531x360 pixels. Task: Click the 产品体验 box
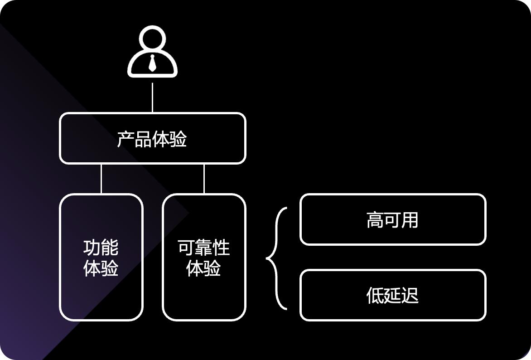point(152,138)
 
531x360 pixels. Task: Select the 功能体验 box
point(101,257)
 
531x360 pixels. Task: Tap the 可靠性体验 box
point(204,257)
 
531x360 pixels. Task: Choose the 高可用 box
point(393,219)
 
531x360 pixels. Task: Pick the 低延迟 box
point(393,295)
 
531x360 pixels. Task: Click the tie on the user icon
point(152,63)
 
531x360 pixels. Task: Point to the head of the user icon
point(152,38)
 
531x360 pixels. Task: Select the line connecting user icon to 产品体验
point(152,97)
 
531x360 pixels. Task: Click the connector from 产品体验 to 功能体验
point(101,179)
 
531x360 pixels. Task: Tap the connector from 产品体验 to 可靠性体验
point(204,179)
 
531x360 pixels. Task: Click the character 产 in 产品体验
point(126,139)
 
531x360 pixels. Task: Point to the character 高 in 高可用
point(375,219)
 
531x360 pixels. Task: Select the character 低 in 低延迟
point(375,295)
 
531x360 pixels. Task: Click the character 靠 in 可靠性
point(204,248)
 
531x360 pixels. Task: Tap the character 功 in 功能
point(92,248)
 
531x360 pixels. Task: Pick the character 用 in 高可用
point(410,219)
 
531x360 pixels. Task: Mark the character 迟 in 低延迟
point(410,295)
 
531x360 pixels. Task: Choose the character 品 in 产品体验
point(143,139)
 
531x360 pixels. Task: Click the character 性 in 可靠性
point(222,248)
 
